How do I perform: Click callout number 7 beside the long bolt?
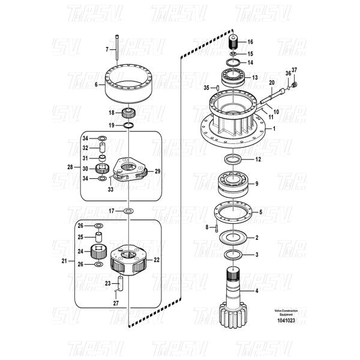(108, 49)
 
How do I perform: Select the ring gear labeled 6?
(129, 84)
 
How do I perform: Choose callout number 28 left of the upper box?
(70, 167)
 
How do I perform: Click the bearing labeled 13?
(235, 77)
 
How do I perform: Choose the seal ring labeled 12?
(234, 160)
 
